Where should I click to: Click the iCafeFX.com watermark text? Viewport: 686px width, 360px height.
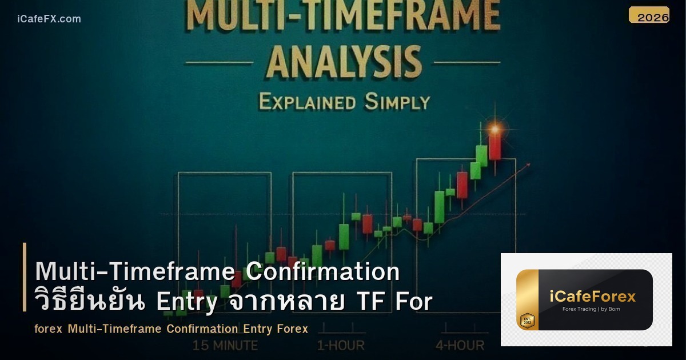pyautogui.click(x=49, y=19)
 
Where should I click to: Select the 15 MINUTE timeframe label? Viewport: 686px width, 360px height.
pyautogui.click(x=225, y=345)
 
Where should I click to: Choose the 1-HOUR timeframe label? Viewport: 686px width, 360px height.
pyautogui.click(x=341, y=345)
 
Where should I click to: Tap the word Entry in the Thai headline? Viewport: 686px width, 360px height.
pyautogui.click(x=187, y=302)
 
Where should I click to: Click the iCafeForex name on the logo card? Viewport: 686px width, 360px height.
pyautogui.click(x=592, y=297)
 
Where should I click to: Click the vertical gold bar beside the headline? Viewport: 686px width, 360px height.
pyautogui.click(x=25, y=277)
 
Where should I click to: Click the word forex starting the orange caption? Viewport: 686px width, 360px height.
pyautogui.click(x=48, y=329)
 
